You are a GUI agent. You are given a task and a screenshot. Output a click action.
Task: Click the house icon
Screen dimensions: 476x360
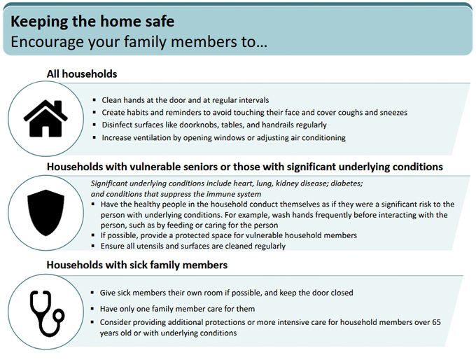45,118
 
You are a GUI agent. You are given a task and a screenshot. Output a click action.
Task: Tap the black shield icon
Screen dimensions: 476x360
45,213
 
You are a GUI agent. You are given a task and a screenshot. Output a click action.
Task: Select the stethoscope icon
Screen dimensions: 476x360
47,314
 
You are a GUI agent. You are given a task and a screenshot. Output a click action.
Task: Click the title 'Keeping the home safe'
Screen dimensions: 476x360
92,22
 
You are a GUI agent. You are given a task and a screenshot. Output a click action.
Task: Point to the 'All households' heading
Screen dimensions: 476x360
82,74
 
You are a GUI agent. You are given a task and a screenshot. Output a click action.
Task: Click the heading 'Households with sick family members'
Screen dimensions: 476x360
137,265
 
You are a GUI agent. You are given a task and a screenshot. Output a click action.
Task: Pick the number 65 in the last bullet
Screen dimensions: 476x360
436,322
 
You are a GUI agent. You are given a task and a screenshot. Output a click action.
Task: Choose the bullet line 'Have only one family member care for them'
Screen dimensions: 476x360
177,309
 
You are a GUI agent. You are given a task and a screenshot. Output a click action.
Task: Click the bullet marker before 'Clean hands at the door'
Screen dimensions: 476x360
94,100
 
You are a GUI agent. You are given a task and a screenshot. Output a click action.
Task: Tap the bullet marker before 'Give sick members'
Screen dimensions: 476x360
92,293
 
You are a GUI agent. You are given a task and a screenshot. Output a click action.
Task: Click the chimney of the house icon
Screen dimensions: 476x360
57,106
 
